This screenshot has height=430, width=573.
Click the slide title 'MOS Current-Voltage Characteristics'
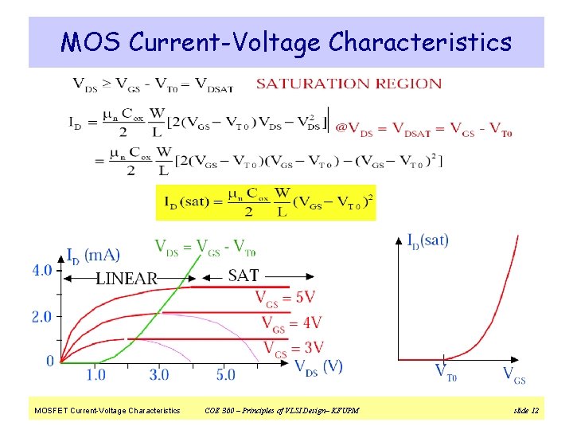286,41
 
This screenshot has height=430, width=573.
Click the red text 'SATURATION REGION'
349,84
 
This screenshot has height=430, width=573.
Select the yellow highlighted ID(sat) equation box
266,202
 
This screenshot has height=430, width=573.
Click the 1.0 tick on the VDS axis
95,374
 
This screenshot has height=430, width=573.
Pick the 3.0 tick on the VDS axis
158,374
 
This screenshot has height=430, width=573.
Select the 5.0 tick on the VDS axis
225,374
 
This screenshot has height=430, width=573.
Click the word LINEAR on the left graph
127,279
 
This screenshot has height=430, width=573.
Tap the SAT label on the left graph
244,276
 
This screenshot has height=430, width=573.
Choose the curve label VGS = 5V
285,298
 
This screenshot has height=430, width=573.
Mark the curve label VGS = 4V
291,322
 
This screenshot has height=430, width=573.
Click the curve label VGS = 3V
293,347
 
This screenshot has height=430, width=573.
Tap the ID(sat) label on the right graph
427,240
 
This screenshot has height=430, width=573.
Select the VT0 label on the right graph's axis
446,373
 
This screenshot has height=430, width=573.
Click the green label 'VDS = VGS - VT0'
205,248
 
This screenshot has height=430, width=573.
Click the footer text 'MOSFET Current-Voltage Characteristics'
107,411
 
